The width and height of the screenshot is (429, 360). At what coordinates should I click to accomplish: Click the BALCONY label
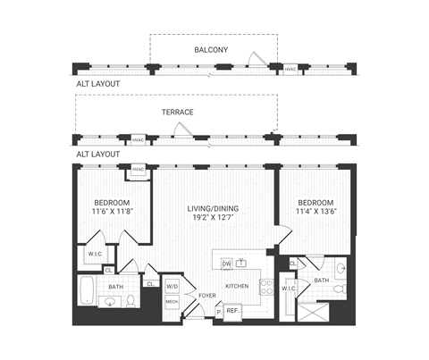pos(212,49)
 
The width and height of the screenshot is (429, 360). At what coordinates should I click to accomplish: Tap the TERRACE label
pos(178,112)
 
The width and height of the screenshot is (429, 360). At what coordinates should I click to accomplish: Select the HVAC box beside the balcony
pos(290,69)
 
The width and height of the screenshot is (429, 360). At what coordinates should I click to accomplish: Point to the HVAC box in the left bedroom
pos(138,171)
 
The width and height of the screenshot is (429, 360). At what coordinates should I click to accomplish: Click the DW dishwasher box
pos(227,264)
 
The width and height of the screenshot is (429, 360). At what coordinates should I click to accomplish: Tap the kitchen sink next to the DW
pos(241,264)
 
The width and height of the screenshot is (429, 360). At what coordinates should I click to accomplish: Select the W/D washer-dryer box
pos(172,288)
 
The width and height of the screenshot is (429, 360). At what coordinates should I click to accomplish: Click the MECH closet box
pos(172,302)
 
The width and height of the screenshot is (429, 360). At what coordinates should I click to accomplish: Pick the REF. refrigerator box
pos(232,310)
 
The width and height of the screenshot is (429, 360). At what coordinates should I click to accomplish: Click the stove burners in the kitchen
pos(265,286)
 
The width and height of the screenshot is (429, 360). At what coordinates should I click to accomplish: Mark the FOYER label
pos(207,295)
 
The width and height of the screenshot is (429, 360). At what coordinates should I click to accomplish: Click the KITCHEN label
pos(237,287)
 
